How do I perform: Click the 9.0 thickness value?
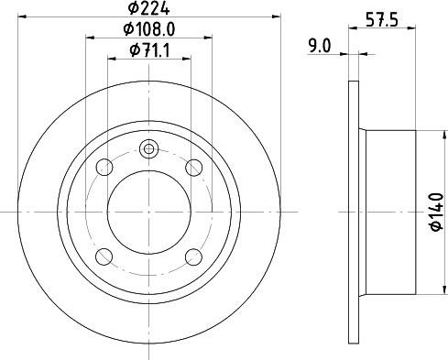point(320,43)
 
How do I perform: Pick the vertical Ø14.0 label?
point(437,211)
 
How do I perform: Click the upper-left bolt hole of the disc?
point(106,168)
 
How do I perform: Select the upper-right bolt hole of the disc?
point(193,168)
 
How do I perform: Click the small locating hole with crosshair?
point(149,149)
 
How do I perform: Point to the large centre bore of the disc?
point(149,212)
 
